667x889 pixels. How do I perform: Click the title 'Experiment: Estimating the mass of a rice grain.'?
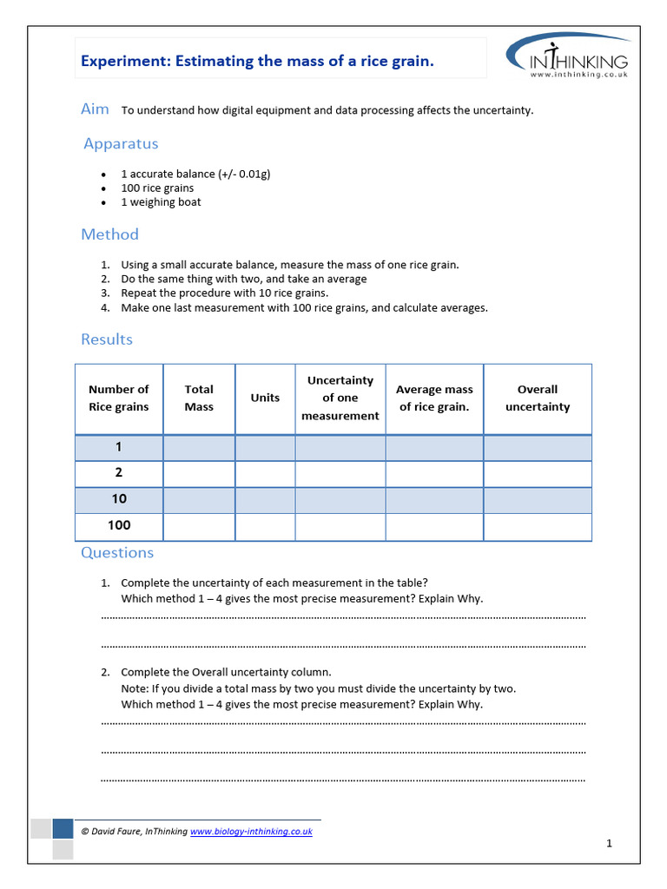click(257, 61)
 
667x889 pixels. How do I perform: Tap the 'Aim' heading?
click(95, 109)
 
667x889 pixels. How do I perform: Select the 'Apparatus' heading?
click(121, 144)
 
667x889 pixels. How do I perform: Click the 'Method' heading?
click(109, 234)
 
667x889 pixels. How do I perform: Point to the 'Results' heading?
click(107, 339)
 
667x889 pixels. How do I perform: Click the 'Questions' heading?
click(117, 553)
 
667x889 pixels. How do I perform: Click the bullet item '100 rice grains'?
click(157, 188)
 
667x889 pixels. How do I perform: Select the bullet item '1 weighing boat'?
click(161, 202)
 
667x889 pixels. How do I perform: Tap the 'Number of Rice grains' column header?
click(119, 398)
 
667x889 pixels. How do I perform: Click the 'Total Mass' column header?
click(199, 398)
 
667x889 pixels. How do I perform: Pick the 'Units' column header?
click(265, 398)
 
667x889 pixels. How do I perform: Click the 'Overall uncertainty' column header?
click(538, 398)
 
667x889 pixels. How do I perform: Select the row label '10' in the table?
click(119, 499)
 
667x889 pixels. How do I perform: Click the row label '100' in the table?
click(119, 525)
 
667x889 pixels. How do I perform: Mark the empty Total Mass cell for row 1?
click(199, 448)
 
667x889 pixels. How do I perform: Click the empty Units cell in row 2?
click(265, 474)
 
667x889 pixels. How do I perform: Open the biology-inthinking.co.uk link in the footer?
click(251, 832)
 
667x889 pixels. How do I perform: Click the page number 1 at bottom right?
click(610, 843)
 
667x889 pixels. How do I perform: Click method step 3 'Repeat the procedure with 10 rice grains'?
click(224, 293)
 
